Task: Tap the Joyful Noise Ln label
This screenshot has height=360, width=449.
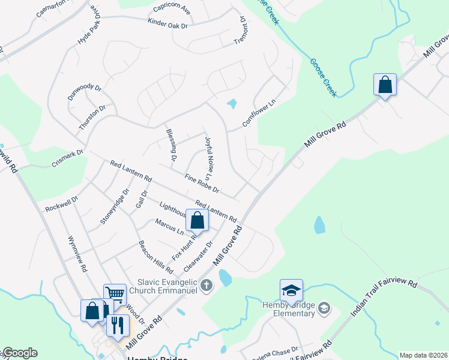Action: (209, 158)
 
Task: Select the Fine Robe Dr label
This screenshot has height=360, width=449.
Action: (202, 184)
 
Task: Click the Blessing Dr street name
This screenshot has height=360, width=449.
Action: (170, 146)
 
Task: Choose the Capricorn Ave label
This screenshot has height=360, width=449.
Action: (172, 8)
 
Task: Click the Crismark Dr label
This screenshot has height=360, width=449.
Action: (67, 158)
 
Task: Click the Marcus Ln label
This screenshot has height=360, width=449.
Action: (170, 226)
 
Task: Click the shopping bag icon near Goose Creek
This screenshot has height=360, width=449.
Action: (385, 85)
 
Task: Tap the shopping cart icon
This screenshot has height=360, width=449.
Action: (115, 295)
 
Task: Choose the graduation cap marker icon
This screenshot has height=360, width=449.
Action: (291, 291)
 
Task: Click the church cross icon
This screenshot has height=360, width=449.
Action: (206, 285)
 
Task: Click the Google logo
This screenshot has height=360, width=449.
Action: (19, 353)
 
